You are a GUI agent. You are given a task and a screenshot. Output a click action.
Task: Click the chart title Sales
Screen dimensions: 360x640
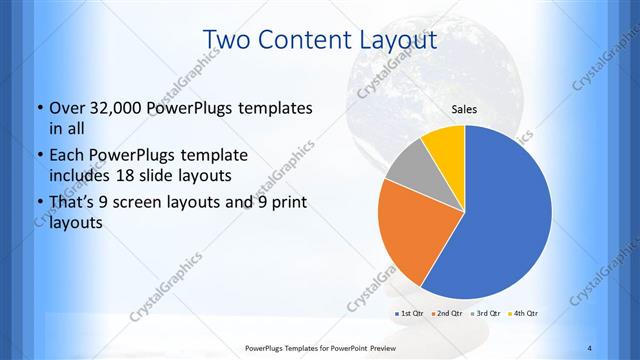point(464,109)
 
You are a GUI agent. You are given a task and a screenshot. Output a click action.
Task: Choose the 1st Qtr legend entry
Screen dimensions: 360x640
point(411,314)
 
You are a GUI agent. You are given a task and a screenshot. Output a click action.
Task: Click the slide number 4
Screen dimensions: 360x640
point(590,347)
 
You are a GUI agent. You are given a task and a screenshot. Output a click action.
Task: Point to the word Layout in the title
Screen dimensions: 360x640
point(395,40)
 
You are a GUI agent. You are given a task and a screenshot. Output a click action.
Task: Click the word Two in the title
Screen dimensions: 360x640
point(227,40)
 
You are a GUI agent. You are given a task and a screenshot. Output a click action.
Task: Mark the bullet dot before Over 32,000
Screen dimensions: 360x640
point(38,108)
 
